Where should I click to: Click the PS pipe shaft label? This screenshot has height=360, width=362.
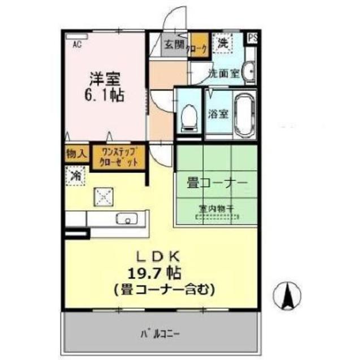253,38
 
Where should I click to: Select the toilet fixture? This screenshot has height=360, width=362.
188,118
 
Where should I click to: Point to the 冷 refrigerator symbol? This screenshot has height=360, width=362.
75,176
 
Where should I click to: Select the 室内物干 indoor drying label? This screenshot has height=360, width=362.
218,208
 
